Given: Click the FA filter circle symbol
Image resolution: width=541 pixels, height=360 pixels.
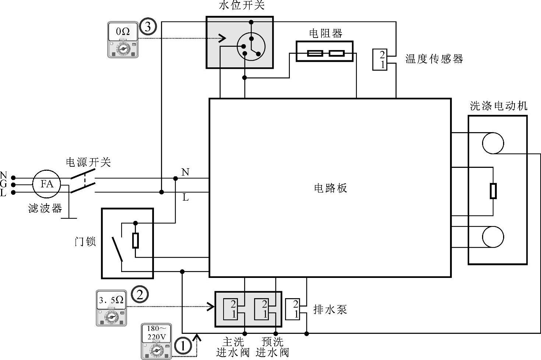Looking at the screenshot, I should pos(47,184).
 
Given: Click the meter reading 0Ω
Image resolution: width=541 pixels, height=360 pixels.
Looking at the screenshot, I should pos(123,32).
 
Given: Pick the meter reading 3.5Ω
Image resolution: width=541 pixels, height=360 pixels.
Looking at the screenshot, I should pos(111,300).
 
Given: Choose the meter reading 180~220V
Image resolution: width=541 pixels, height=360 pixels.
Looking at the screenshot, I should pos(157,332).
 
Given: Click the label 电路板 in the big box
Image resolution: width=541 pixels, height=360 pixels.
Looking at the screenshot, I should pos(330,188).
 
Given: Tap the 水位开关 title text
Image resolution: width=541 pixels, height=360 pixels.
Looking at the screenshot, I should pos(242,6).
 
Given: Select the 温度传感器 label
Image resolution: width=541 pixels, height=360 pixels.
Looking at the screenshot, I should pos(434,59).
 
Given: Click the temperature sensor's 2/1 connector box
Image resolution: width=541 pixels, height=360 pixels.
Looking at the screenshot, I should pos(380,60).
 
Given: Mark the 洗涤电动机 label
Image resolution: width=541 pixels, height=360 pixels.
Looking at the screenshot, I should pos(499,106).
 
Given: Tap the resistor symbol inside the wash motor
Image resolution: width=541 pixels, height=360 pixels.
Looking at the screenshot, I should pos(493,191).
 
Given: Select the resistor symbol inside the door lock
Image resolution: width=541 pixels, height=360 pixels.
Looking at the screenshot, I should pos(136,241).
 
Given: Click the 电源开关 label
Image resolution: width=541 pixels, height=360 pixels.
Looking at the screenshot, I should pos(88,162).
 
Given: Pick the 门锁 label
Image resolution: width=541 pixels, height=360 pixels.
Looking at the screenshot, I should pos(85,241).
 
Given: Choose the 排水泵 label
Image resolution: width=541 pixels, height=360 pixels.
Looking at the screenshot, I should pos(330,309).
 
